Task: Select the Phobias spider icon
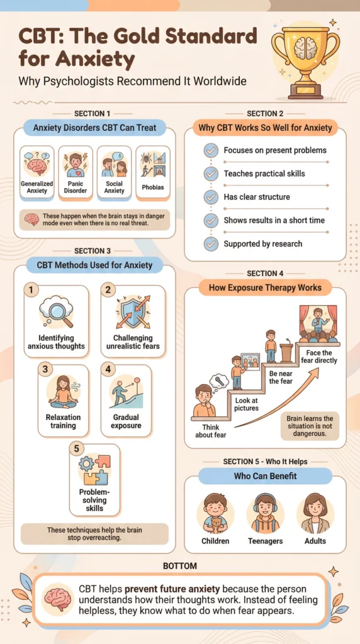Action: [x=152, y=164]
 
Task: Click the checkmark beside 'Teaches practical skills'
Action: [x=211, y=174]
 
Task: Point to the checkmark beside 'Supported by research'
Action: [x=211, y=244]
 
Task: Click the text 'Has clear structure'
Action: [x=257, y=197]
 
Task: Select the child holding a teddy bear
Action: [x=215, y=513]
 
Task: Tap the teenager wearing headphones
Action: [x=265, y=513]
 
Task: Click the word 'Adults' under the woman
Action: [x=315, y=541]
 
